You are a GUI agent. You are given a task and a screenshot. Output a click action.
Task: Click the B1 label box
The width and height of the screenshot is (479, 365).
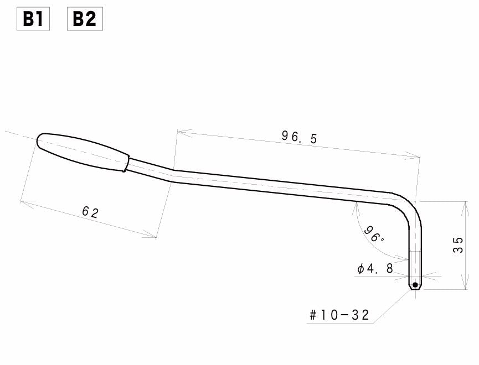tap(33, 19)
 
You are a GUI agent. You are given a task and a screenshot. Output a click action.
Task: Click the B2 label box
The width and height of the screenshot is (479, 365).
tap(84, 19)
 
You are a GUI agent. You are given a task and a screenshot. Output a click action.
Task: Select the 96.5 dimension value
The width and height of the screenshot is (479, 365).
tap(299, 137)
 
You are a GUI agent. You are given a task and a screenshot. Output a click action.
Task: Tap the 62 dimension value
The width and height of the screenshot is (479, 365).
tap(90, 212)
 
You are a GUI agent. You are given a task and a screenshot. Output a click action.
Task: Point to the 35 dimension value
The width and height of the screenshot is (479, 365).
tap(459, 245)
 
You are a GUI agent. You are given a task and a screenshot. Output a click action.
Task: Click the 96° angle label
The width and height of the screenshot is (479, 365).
tap(374, 234)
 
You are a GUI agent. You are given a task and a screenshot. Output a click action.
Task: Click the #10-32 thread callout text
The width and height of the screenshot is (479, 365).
tap(339, 315)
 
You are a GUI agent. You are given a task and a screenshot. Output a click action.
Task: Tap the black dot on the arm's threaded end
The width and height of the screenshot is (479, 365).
tap(415, 285)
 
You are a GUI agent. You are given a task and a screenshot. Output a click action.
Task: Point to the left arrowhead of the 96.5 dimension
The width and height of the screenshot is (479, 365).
tap(181, 132)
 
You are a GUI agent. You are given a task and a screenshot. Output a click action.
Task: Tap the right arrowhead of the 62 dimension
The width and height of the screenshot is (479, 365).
tap(153, 237)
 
